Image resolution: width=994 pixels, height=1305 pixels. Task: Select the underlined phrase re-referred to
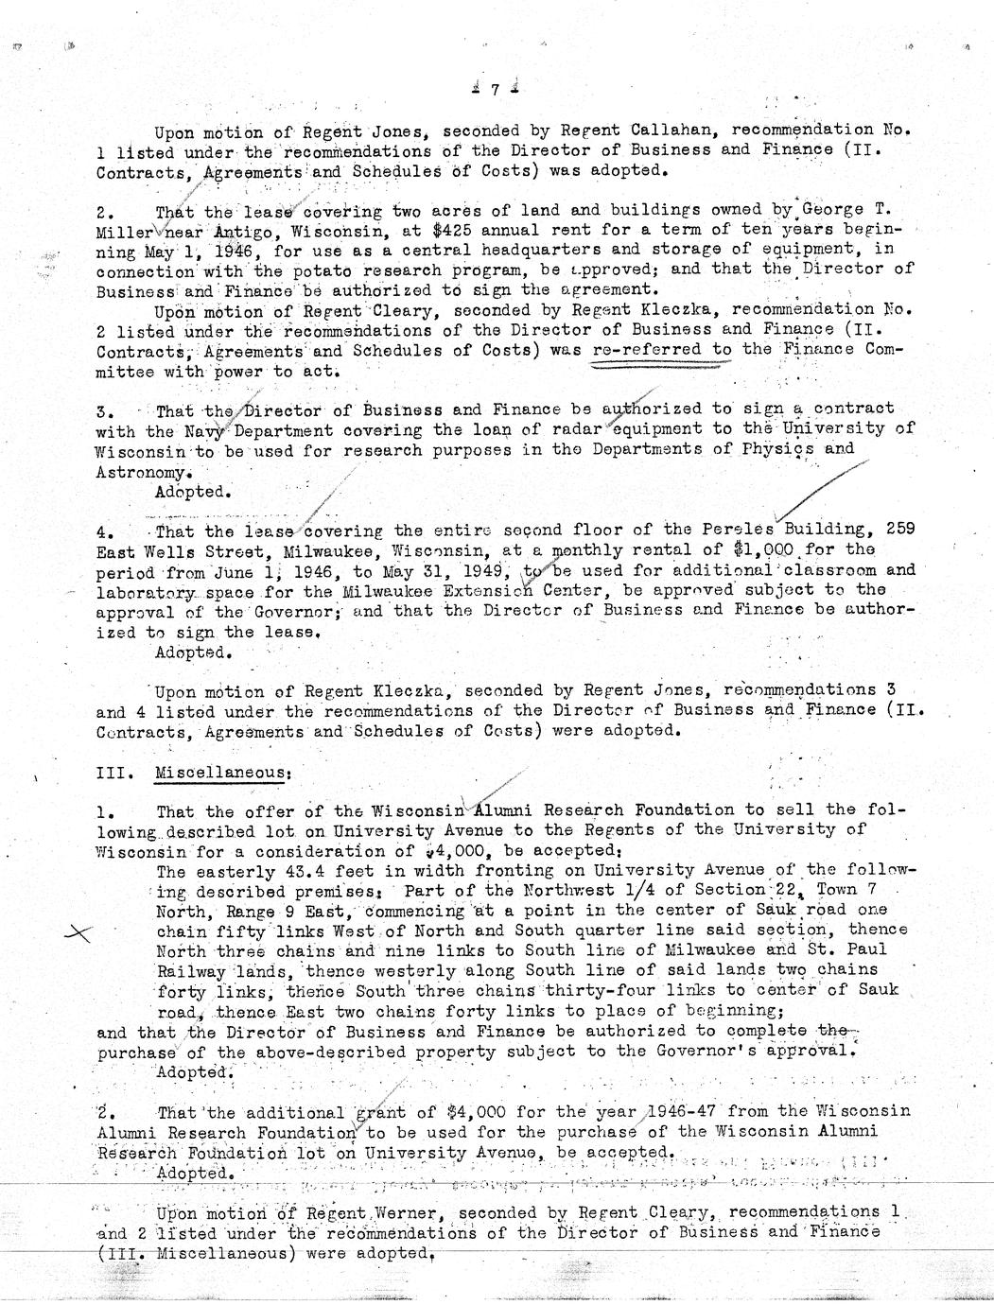[662, 349]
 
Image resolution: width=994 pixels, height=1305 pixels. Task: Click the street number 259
[900, 529]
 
